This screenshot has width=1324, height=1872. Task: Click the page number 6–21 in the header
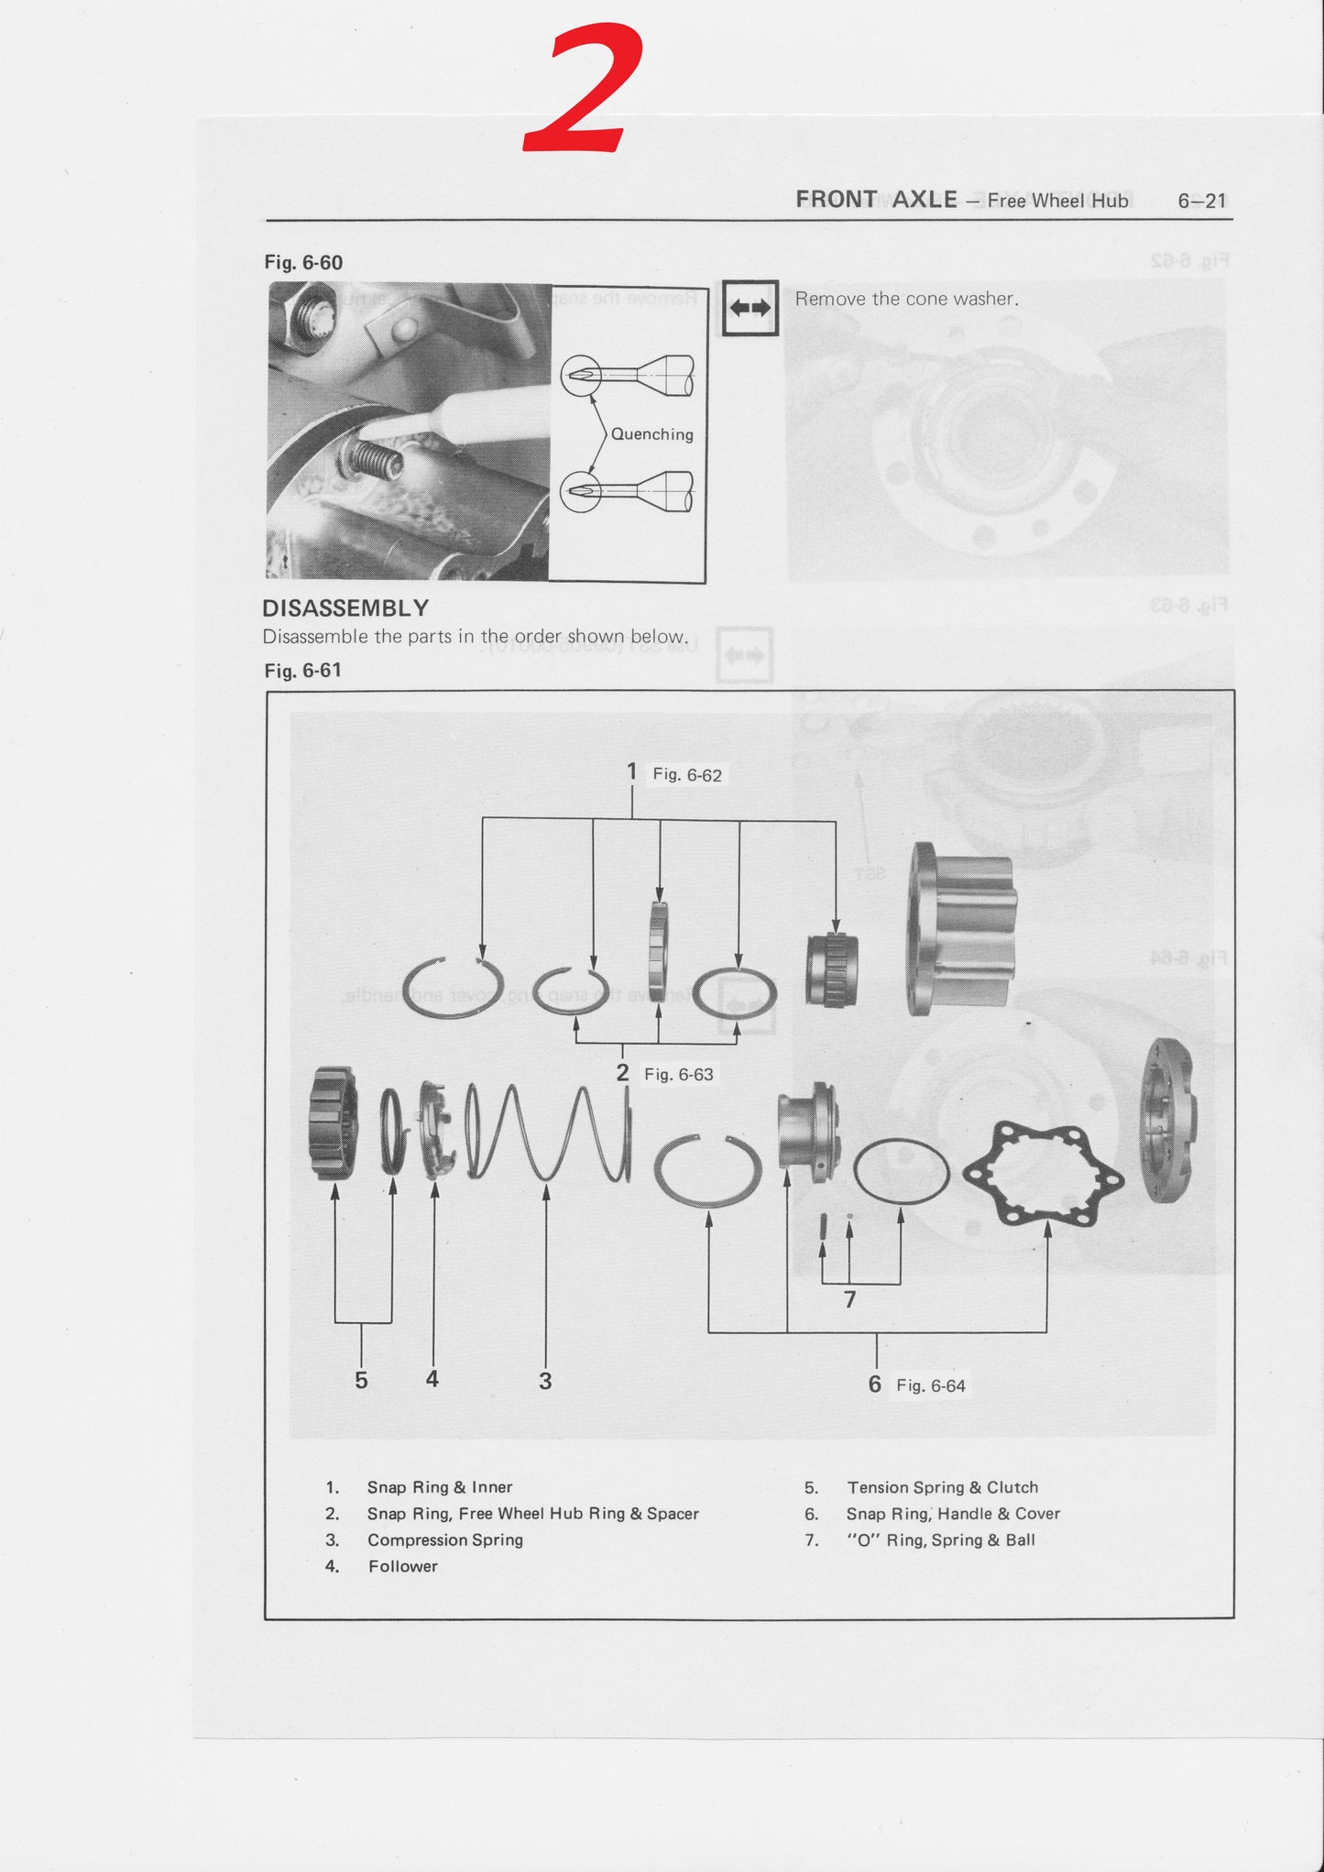pyautogui.click(x=1201, y=201)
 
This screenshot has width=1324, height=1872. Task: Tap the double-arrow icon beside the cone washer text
pyautogui.click(x=750, y=308)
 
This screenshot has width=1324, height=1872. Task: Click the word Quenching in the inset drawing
pyautogui.click(x=651, y=434)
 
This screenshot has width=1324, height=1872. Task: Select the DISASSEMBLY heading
pyautogui.click(x=345, y=608)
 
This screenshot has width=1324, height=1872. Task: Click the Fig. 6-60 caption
pyautogui.click(x=303, y=263)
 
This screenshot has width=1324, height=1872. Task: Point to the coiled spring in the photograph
pyautogui.click(x=374, y=459)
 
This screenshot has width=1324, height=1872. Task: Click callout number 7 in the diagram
pyautogui.click(x=849, y=1299)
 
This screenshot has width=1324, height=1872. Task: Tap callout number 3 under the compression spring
pyautogui.click(x=545, y=1381)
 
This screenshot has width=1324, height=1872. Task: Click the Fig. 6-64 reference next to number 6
pyautogui.click(x=930, y=1385)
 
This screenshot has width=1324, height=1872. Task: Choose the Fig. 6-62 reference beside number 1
pyautogui.click(x=686, y=775)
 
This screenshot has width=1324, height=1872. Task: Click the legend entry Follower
pyautogui.click(x=402, y=1566)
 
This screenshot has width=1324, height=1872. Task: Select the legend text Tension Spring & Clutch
pyautogui.click(x=942, y=1487)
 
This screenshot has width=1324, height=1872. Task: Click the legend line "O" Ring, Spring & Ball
pyautogui.click(x=940, y=1539)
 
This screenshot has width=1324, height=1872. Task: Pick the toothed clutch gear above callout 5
pyautogui.click(x=334, y=1122)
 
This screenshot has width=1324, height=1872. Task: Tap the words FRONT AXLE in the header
pyautogui.click(x=876, y=200)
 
